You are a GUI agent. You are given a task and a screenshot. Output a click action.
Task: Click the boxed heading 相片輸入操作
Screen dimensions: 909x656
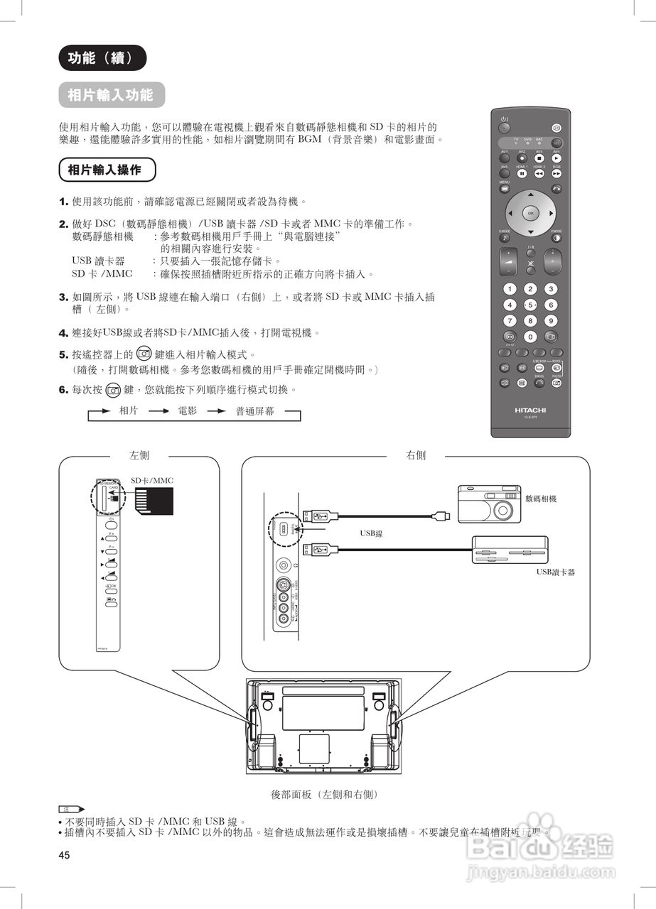[104, 170]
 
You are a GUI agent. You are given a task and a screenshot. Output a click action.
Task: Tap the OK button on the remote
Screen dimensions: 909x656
[530, 212]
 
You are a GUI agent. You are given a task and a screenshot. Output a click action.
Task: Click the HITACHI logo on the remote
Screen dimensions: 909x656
[530, 410]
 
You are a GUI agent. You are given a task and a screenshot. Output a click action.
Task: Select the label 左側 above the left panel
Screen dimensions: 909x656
[139, 456]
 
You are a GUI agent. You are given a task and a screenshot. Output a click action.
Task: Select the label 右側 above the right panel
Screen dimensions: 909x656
[416, 456]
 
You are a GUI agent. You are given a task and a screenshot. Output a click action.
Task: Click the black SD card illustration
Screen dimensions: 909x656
[154, 502]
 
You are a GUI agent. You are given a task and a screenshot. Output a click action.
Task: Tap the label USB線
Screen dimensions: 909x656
[371, 533]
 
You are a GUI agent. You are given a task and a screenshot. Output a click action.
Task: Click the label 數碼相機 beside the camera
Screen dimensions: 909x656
[541, 499]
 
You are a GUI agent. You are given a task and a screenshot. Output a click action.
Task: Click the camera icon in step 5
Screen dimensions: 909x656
[144, 353]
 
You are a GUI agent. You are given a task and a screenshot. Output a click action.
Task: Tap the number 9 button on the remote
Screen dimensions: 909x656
[550, 320]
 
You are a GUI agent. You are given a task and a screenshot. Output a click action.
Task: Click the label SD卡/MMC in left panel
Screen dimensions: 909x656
[152, 481]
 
